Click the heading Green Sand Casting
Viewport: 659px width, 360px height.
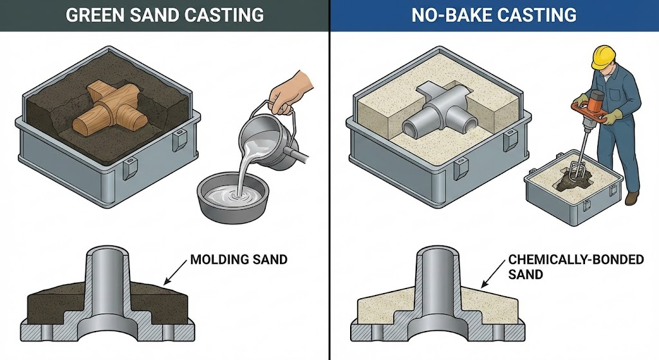[164, 15]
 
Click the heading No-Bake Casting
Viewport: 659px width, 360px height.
[494, 15]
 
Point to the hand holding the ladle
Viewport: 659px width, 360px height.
[288, 93]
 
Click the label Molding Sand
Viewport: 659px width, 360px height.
[239, 261]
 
